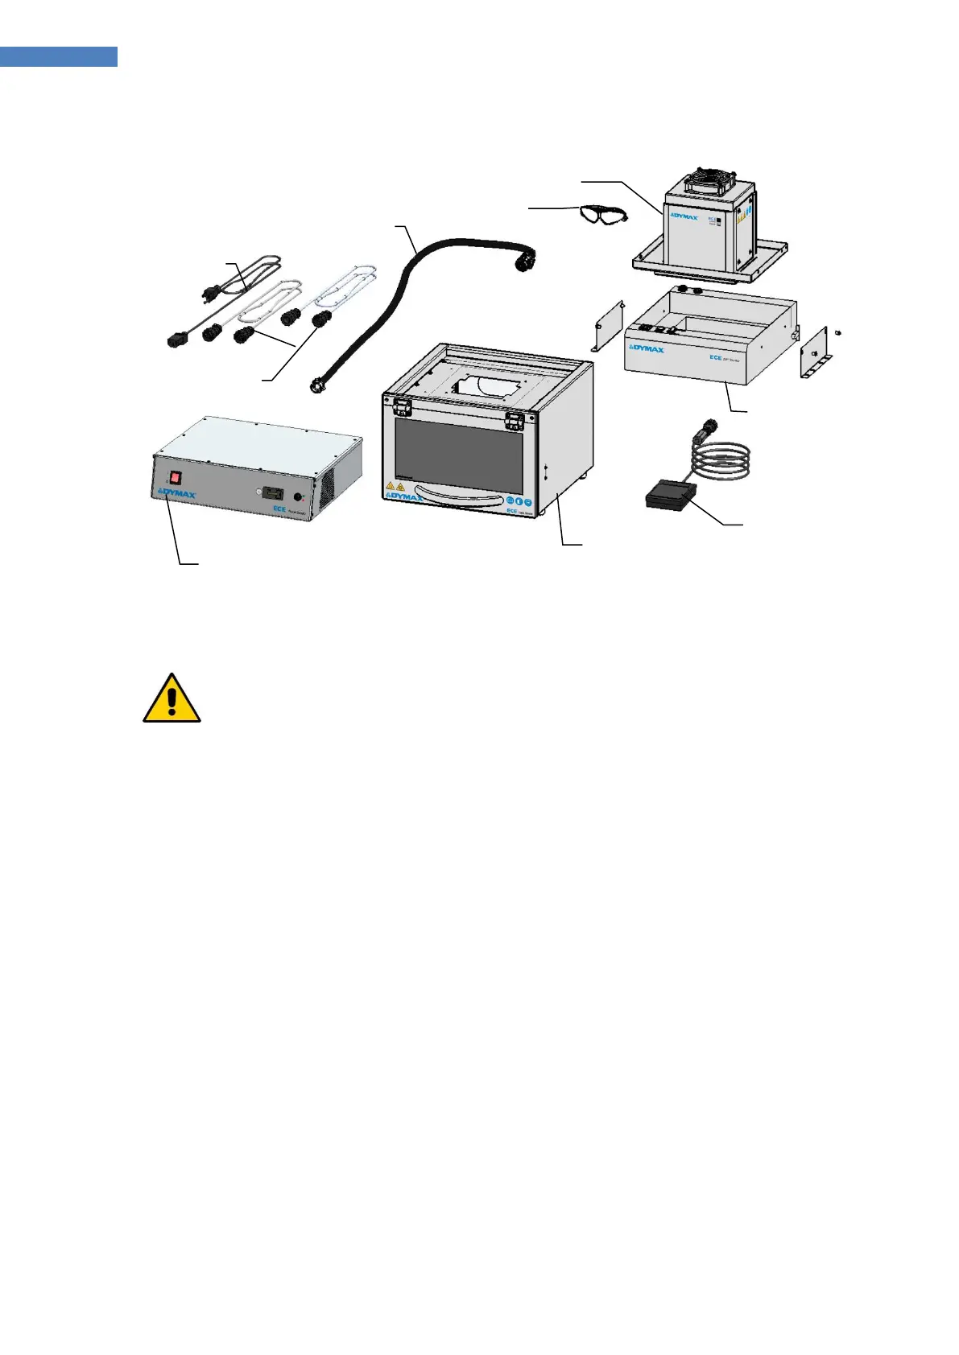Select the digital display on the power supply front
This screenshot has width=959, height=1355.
(x=275, y=491)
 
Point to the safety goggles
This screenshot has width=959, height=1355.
(x=602, y=214)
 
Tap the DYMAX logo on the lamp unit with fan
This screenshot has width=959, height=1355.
(x=684, y=216)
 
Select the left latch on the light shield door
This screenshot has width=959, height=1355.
(x=403, y=410)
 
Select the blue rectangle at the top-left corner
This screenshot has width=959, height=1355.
(x=58, y=56)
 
